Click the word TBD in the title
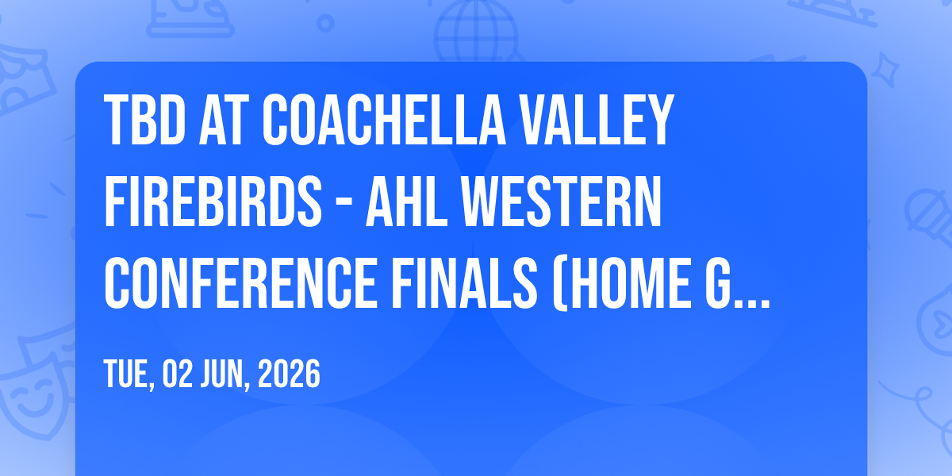tap(144, 120)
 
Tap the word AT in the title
tap(224, 120)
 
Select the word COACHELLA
tap(384, 120)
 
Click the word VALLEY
tap(595, 120)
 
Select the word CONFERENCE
tap(241, 282)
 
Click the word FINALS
tap(464, 282)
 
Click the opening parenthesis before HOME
tap(560, 284)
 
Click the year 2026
tap(289, 374)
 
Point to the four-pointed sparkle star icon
tap(885, 70)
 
